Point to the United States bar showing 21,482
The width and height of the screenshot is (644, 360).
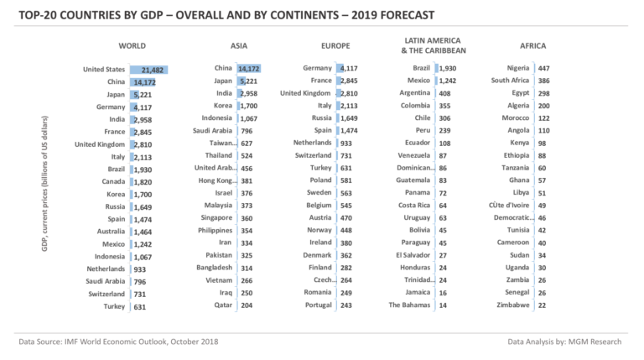pos(149,70)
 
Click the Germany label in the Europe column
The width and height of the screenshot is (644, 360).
pos(317,67)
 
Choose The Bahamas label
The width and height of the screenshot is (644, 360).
pos(412,305)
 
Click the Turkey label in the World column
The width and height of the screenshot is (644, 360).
pos(113,307)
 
